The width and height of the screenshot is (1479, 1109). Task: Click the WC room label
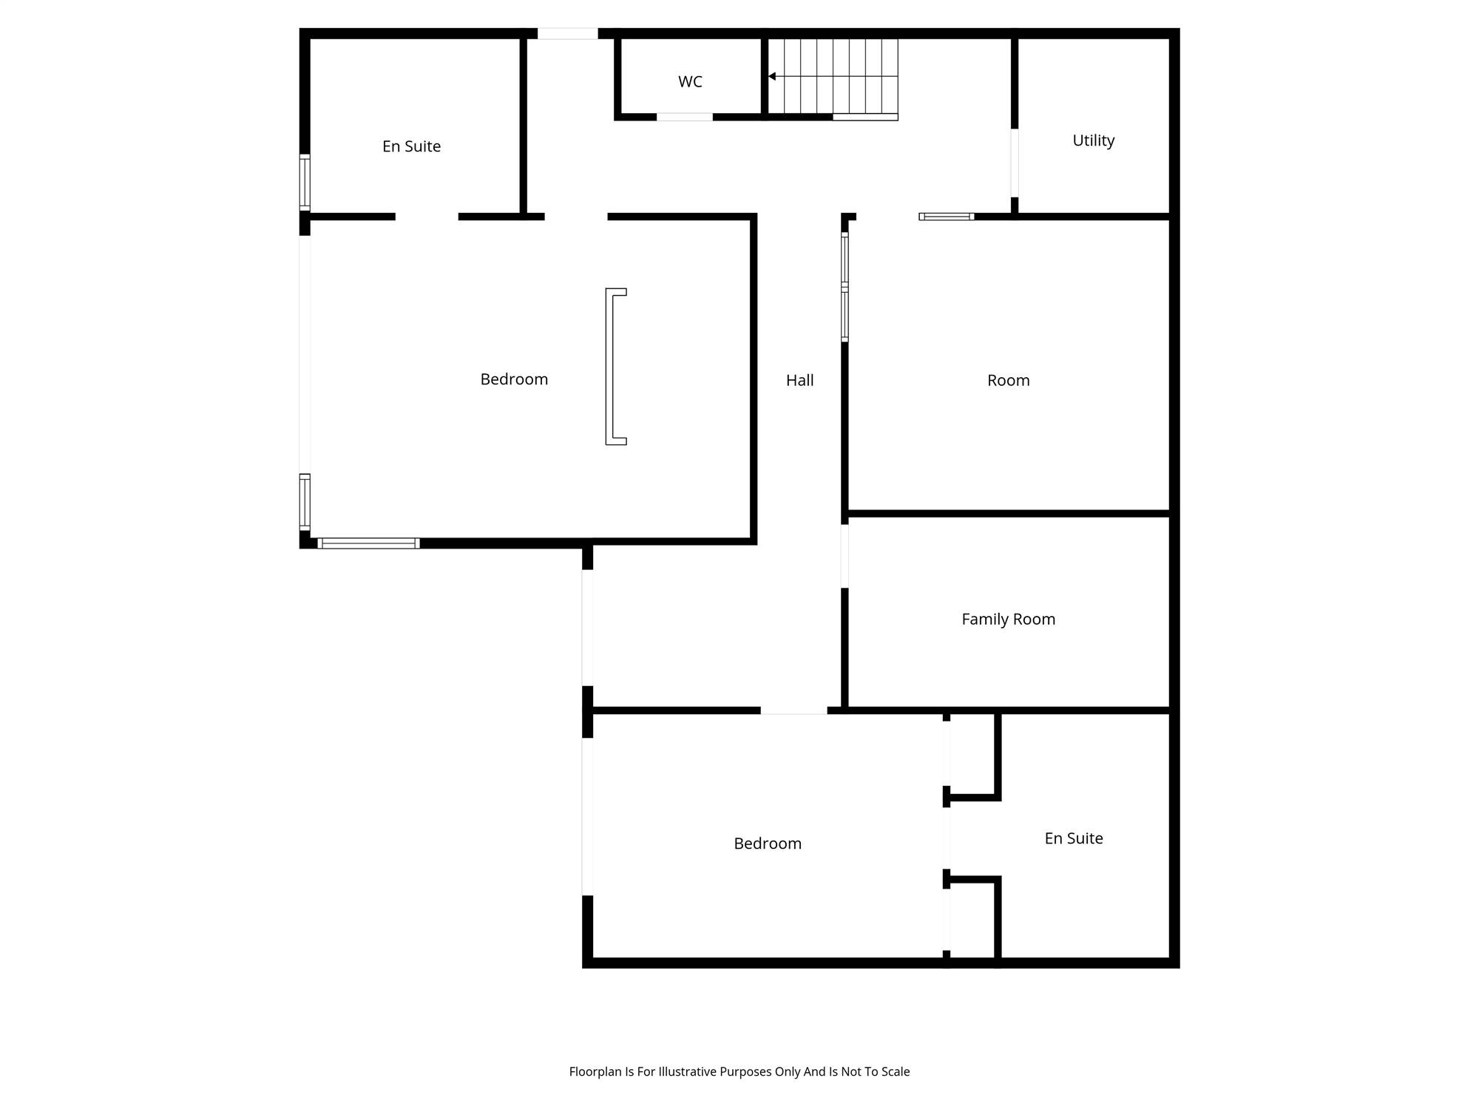click(x=690, y=81)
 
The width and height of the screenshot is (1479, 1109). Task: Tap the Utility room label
click(x=1093, y=140)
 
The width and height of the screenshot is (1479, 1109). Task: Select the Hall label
click(x=799, y=380)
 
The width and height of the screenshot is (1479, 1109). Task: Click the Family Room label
click(x=1008, y=620)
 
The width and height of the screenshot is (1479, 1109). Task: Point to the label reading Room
click(x=1008, y=380)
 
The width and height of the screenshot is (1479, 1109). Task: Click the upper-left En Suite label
click(x=411, y=146)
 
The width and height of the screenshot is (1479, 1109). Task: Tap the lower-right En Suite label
click(x=1074, y=838)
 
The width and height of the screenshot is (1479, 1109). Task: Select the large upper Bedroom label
click(x=514, y=379)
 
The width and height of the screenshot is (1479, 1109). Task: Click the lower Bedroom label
click(x=768, y=844)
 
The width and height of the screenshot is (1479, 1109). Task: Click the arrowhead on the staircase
click(x=771, y=76)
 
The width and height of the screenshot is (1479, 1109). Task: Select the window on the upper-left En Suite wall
click(x=305, y=182)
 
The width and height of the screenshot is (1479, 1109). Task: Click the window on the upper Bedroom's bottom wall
click(x=369, y=543)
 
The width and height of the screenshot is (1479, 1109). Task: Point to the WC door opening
click(x=685, y=117)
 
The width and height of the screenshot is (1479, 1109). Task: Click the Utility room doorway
click(x=1015, y=163)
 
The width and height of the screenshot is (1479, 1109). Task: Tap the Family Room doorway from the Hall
click(x=845, y=556)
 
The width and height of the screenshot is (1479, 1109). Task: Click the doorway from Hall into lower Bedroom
click(x=793, y=710)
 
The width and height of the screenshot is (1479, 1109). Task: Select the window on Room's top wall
click(x=947, y=217)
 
